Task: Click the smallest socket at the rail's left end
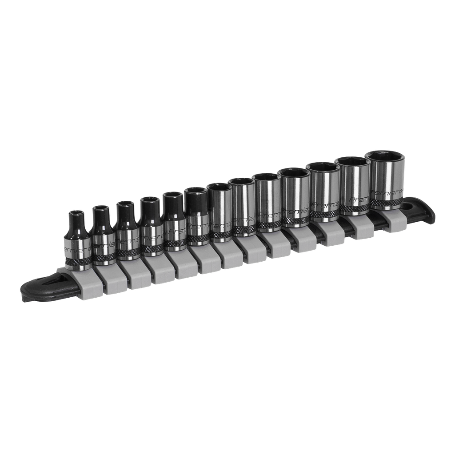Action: point(79,242)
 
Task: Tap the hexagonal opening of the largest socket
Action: point(385,157)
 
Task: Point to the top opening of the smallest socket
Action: point(79,213)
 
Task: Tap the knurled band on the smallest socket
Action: point(79,261)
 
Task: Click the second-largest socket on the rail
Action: point(353,187)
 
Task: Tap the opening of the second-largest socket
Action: point(352,161)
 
